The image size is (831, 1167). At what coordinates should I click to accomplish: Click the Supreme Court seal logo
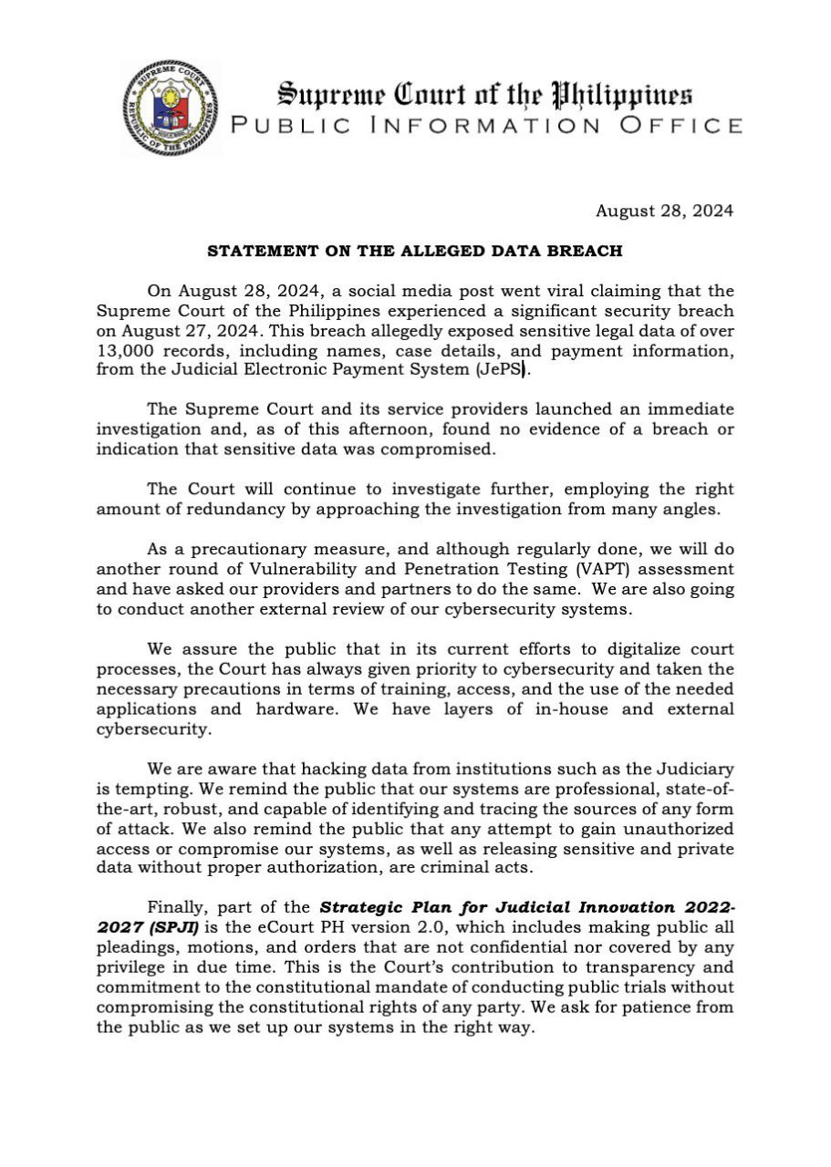pyautogui.click(x=171, y=108)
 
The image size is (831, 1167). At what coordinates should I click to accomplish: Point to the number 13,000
pyautogui.click(x=130, y=349)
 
